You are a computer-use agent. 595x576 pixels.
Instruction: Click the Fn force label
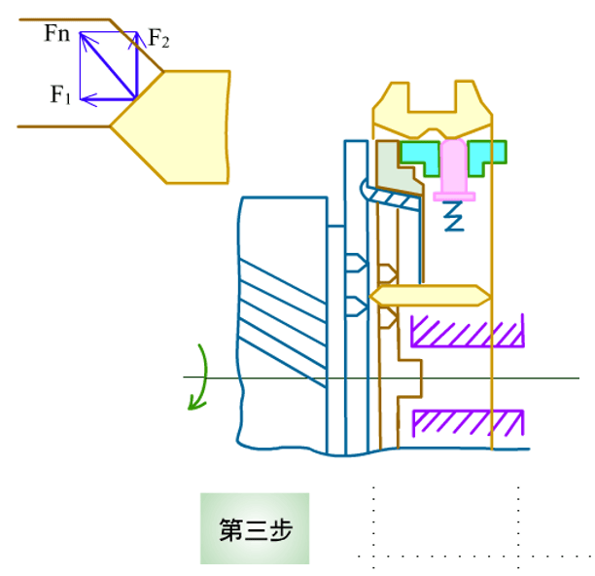[57, 33]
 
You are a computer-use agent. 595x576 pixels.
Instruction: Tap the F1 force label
[60, 94]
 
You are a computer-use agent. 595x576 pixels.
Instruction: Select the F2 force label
[158, 38]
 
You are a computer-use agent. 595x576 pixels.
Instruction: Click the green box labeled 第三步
[255, 528]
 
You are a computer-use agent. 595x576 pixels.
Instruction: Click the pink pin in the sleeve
[454, 170]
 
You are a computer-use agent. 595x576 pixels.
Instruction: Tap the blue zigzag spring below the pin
[453, 216]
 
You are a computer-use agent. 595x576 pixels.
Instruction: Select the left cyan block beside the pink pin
[420, 157]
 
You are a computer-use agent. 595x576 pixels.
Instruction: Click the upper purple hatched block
[468, 331]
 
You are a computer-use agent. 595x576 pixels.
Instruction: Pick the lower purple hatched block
[468, 423]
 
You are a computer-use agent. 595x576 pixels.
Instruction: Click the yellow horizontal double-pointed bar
[430, 296]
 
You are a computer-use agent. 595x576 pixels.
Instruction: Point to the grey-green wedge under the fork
[399, 168]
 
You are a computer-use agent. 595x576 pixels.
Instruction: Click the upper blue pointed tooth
[357, 263]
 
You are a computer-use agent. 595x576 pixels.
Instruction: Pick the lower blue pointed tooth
[357, 306]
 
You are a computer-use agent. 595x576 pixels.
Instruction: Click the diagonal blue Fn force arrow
[108, 65]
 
